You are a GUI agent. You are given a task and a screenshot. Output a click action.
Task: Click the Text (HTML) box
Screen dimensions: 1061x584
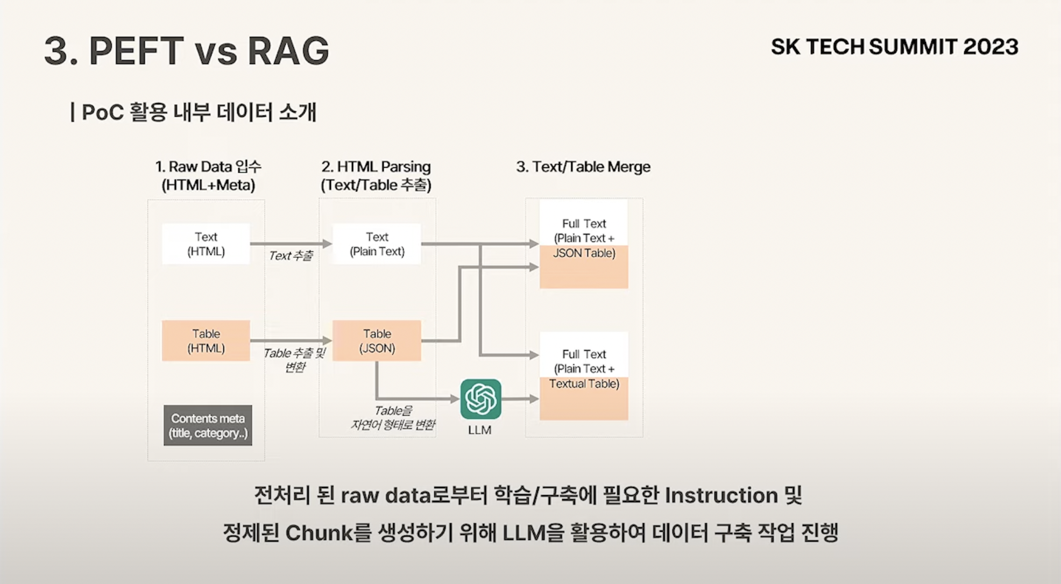(206, 244)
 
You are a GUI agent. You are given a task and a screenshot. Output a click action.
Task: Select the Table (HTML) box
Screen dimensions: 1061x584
(206, 341)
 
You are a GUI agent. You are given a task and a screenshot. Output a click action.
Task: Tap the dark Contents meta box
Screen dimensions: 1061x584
(208, 425)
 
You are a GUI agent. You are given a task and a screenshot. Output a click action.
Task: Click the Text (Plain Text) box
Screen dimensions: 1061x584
(377, 244)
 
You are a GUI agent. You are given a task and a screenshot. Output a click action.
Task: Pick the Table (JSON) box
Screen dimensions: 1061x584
(377, 341)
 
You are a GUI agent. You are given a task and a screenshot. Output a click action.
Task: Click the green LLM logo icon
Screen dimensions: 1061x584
(480, 399)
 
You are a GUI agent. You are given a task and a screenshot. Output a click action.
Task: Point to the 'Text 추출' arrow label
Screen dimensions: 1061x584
(291, 256)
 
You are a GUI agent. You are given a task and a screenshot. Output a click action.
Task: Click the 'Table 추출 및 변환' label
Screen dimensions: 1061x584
(294, 360)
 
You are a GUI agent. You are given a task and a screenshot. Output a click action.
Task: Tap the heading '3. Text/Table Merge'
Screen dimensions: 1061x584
(583, 167)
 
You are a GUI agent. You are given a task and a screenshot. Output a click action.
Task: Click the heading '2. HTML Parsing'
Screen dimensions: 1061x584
(376, 167)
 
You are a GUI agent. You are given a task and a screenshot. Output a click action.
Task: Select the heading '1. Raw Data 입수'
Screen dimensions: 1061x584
(208, 167)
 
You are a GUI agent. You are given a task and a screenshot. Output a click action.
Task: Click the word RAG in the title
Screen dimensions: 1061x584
(288, 52)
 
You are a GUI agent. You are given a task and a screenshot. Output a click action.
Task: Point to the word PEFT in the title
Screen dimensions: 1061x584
(136, 52)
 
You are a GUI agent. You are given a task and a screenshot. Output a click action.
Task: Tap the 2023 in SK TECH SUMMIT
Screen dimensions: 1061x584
(991, 47)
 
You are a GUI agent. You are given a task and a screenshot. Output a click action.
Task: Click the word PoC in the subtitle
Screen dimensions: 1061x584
(103, 113)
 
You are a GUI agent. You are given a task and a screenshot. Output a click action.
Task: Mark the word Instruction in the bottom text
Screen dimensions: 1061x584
(721, 495)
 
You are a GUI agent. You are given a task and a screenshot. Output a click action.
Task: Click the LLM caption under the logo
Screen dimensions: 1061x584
(479, 430)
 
